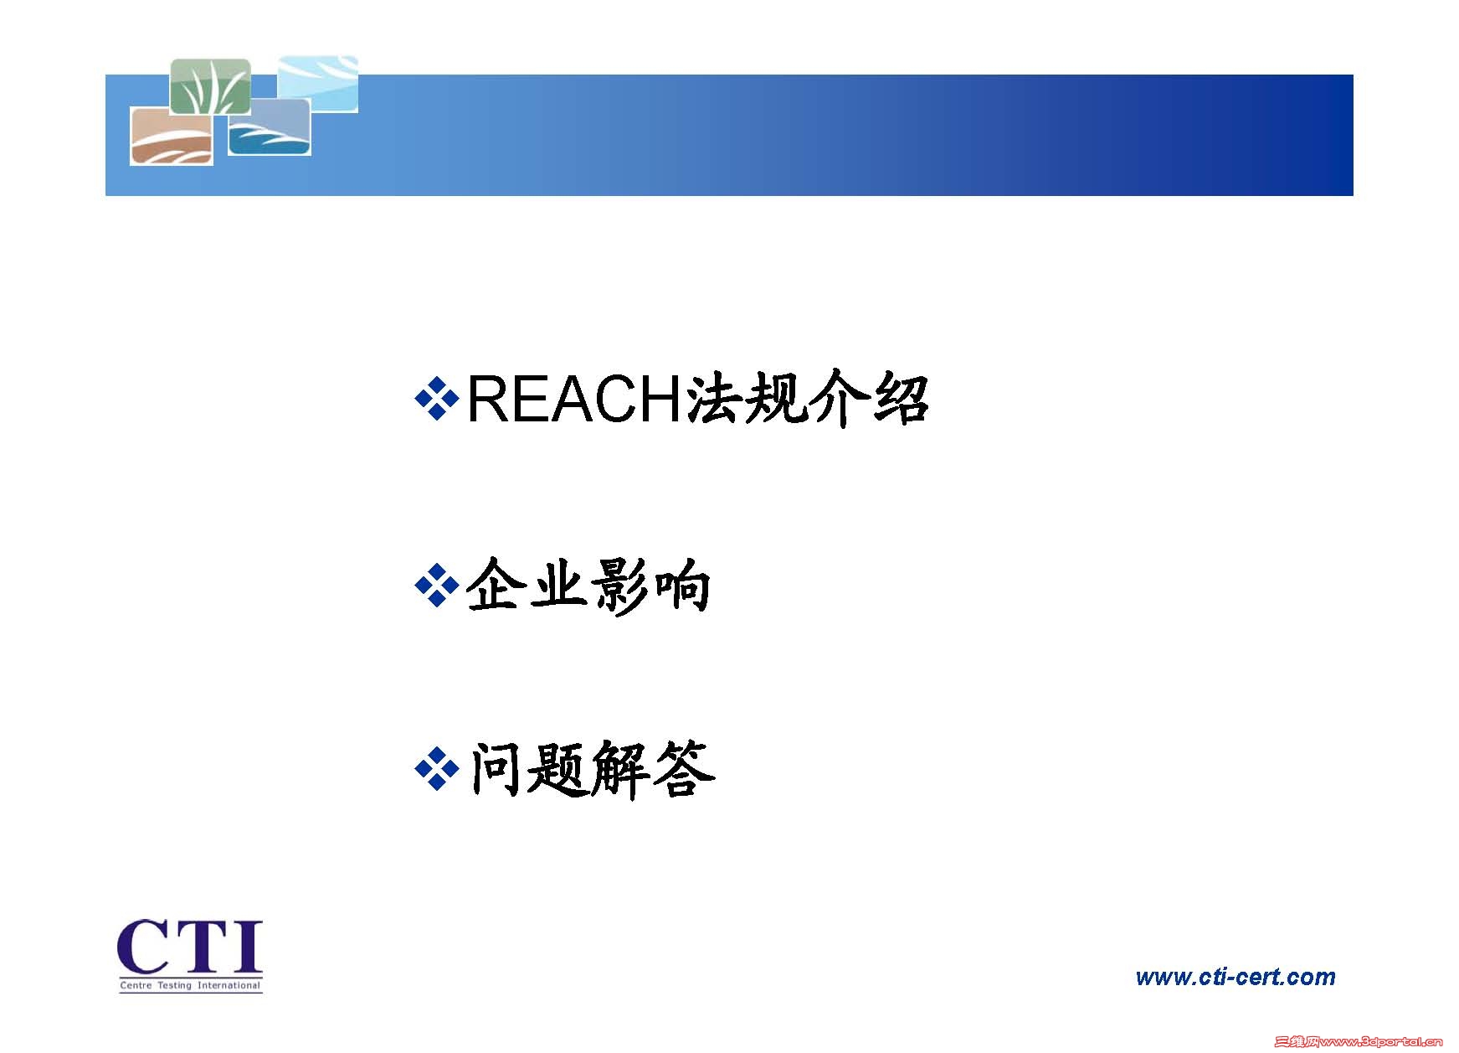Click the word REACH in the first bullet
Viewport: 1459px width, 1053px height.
(x=576, y=400)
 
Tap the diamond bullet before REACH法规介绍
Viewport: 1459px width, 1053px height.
(x=437, y=399)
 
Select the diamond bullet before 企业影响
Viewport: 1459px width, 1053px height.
(x=437, y=586)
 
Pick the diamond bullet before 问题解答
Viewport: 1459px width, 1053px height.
(x=437, y=768)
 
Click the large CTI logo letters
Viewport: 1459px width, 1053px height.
(x=190, y=947)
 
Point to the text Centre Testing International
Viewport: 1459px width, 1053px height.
(x=190, y=985)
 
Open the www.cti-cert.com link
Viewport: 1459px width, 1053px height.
(x=1236, y=977)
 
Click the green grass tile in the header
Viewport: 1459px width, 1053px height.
(x=210, y=86)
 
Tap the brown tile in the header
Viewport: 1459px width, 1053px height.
(x=172, y=136)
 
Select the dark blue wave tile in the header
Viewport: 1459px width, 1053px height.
(x=269, y=126)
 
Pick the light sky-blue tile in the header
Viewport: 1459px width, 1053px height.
(x=317, y=84)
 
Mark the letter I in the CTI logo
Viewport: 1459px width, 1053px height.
(x=246, y=947)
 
